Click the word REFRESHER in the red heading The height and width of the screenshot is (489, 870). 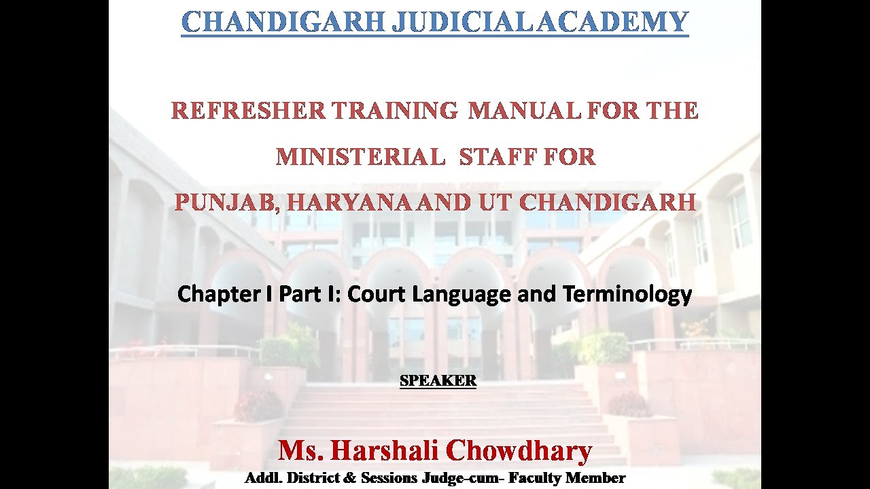tap(248, 110)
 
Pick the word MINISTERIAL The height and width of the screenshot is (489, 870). tap(360, 157)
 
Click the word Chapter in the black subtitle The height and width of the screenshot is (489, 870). tap(217, 294)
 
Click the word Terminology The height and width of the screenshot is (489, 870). tap(627, 295)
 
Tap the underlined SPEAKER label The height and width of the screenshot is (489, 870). tap(438, 381)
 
